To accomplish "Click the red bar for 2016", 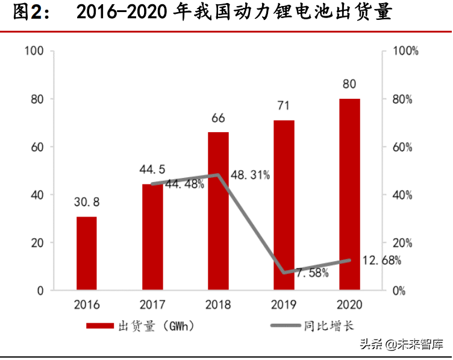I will (x=87, y=253).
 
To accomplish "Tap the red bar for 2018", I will (x=218, y=211).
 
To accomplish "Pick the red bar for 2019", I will (x=284, y=205).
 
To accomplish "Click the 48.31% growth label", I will (x=249, y=175).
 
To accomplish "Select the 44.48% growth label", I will (x=184, y=185).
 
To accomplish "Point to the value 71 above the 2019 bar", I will (x=283, y=106).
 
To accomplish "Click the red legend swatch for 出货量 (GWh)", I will (x=100, y=326).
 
